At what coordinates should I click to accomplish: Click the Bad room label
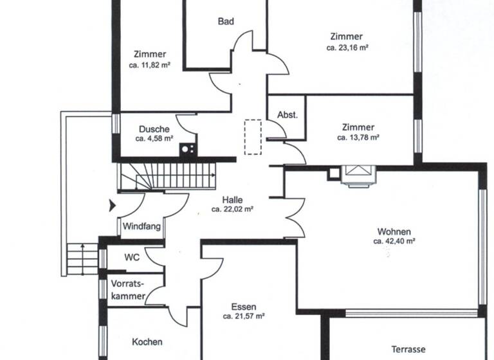[226, 21]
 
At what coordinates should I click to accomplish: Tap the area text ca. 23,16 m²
[347, 48]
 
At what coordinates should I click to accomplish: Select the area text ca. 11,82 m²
[150, 65]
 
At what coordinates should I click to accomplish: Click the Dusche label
[154, 129]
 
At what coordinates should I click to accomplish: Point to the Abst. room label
[288, 115]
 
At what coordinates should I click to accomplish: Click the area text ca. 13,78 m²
[358, 138]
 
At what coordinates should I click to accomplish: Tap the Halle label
[232, 199]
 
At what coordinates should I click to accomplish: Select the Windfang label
[142, 227]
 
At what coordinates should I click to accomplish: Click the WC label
[132, 258]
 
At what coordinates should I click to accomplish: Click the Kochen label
[147, 342]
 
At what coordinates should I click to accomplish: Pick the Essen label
[244, 307]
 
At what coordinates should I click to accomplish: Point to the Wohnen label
[394, 231]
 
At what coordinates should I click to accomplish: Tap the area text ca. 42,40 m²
[394, 242]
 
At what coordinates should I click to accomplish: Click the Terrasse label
[408, 350]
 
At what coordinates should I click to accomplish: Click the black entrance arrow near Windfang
[113, 206]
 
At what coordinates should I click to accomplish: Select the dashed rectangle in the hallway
[253, 136]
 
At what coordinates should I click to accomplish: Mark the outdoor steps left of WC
[82, 258]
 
